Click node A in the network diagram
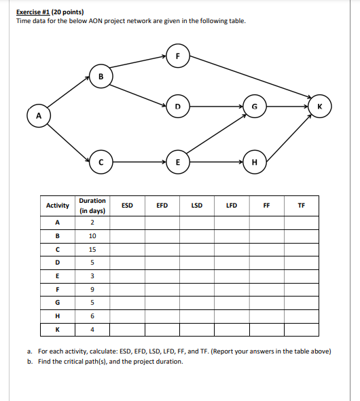tap(37, 115)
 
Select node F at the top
tap(177, 56)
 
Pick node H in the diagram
tap(254, 162)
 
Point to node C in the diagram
tap(101, 162)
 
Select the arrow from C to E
tap(139, 162)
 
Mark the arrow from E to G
tap(216, 134)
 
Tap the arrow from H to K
tap(286, 134)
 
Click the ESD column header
tap(127, 204)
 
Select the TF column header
tap(302, 204)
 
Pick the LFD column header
tap(232, 204)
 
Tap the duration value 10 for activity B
tap(92, 236)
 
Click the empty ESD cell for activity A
tap(127, 223)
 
